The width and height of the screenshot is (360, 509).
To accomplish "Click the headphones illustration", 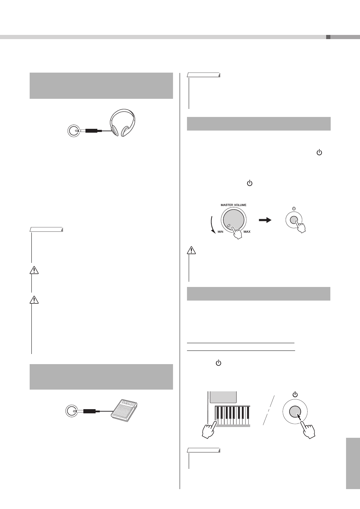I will tap(122, 123).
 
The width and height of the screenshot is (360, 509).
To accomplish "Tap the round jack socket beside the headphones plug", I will tap(73, 131).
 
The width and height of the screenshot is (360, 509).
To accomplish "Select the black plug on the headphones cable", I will tap(91, 131).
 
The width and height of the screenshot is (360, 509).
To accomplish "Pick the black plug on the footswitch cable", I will tap(89, 411).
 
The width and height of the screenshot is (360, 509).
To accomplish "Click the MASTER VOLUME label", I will tap(233, 205).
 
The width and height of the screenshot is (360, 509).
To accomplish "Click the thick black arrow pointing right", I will tap(265, 220).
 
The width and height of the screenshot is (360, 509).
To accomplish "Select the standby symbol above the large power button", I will tap(295, 394).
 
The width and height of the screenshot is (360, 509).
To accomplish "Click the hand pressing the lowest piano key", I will tap(209, 429).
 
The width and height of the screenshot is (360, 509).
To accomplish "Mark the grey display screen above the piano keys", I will tap(223, 397).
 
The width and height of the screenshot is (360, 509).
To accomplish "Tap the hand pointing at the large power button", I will tap(308, 430).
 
